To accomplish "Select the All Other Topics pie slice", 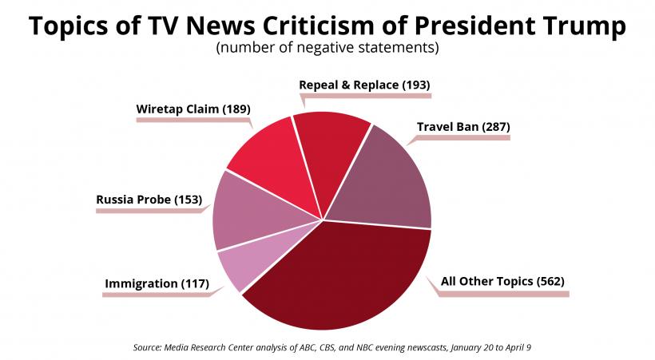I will coord(343,279).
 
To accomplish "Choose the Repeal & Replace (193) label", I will coord(364,84).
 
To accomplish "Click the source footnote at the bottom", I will coord(327,348).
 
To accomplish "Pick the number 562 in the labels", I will coord(550,281).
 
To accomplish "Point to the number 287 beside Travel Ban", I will coord(493,126).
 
